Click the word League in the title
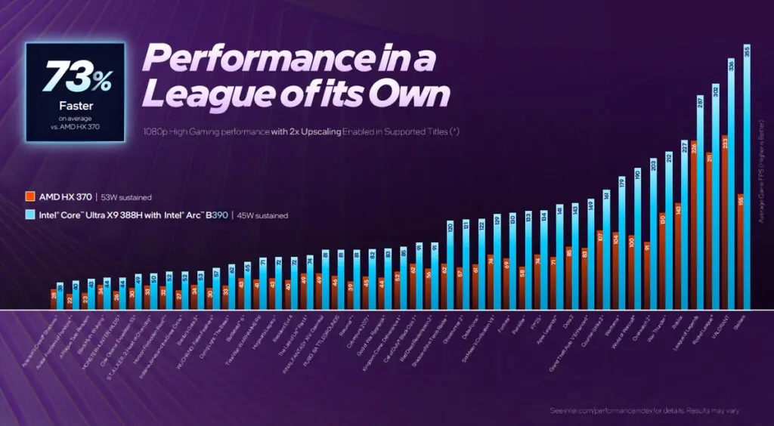[196, 96]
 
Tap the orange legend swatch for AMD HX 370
[30, 196]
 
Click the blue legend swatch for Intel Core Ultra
[30, 215]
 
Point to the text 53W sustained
[124, 197]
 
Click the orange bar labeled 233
[724, 223]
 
